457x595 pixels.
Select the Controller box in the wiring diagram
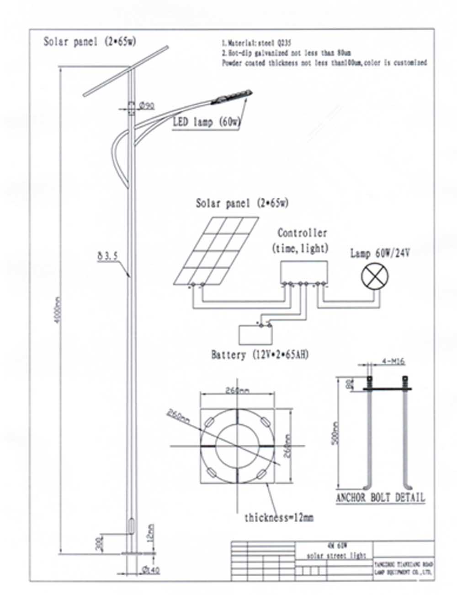303,272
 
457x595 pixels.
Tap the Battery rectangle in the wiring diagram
256,335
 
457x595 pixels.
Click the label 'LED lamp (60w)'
207,122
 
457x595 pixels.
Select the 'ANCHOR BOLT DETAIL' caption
380,498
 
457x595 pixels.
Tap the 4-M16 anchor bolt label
393,362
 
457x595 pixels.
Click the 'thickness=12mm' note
279,518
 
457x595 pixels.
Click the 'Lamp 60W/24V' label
380,253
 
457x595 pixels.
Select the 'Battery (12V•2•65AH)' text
260,355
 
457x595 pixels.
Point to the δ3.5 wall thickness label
107,256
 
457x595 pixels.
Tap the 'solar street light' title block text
337,556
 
